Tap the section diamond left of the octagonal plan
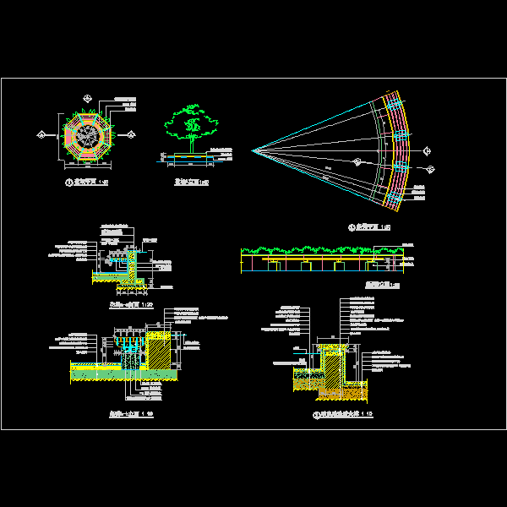[x=41, y=134]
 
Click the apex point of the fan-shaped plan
[x=253, y=150]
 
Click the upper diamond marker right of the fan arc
[x=427, y=151]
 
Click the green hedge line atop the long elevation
[x=321, y=249]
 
